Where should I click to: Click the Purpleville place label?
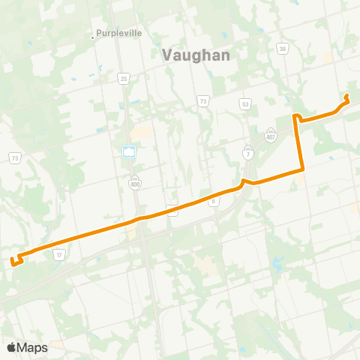pyautogui.click(x=119, y=33)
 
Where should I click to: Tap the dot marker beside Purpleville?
pyautogui.click(x=92, y=34)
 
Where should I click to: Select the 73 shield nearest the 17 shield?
pyautogui.click(x=14, y=158)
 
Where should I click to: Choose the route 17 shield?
pyautogui.click(x=58, y=256)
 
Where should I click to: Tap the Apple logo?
pyautogui.click(x=11, y=347)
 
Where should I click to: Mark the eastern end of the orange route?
pyautogui.click(x=346, y=96)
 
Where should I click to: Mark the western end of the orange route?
pyautogui.click(x=13, y=261)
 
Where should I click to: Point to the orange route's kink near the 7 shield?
pyautogui.click(x=243, y=182)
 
